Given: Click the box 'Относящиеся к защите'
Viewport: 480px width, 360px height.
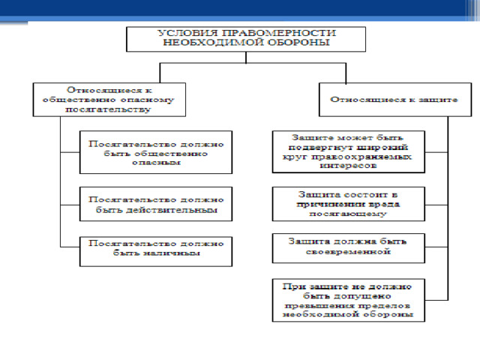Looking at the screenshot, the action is point(395,100).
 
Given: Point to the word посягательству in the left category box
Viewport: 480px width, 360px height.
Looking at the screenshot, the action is point(108,109).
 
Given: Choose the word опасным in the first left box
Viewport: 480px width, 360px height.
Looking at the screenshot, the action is point(156,163).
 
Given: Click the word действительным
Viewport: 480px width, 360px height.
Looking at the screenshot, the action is point(172,210).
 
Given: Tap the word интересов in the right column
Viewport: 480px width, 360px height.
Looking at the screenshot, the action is point(348,166).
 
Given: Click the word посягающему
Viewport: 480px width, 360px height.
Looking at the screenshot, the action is point(348,214).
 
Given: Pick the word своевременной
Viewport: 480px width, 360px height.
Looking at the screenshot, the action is point(348,252).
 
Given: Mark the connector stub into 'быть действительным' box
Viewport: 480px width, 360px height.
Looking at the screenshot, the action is point(70,205).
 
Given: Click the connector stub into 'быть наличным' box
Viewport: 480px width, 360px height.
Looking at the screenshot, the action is point(70,247).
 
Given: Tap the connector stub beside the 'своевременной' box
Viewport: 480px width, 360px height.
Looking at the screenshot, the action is point(436,247).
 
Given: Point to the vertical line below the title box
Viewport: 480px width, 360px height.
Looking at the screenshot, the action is point(246,58).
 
